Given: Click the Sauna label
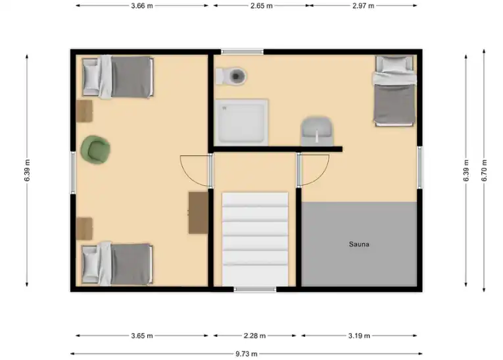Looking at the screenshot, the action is (x=358, y=244).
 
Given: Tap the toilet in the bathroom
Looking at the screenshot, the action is (x=231, y=76).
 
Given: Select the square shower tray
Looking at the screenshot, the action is (x=241, y=122).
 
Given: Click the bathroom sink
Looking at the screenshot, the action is (x=317, y=132).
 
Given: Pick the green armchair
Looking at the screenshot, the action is (x=95, y=149).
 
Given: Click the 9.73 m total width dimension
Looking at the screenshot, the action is (x=247, y=354).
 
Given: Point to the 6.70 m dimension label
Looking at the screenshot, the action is (x=484, y=170).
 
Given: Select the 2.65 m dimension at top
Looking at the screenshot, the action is (x=262, y=6).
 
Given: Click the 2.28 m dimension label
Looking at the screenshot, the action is (x=254, y=336).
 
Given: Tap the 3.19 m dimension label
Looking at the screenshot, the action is (x=359, y=336).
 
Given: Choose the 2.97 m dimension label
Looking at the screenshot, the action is (x=363, y=6).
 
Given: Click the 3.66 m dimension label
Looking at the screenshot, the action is (x=142, y=6).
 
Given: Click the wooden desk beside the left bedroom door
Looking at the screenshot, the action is (x=199, y=213).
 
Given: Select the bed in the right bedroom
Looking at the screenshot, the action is (x=395, y=91).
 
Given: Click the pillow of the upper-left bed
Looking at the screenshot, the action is (x=91, y=76).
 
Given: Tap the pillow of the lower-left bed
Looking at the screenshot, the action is (x=91, y=265).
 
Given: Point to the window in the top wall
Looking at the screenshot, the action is (x=242, y=52).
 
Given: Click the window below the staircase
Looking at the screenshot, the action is (x=255, y=290).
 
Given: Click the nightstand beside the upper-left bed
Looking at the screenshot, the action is (x=84, y=111).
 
